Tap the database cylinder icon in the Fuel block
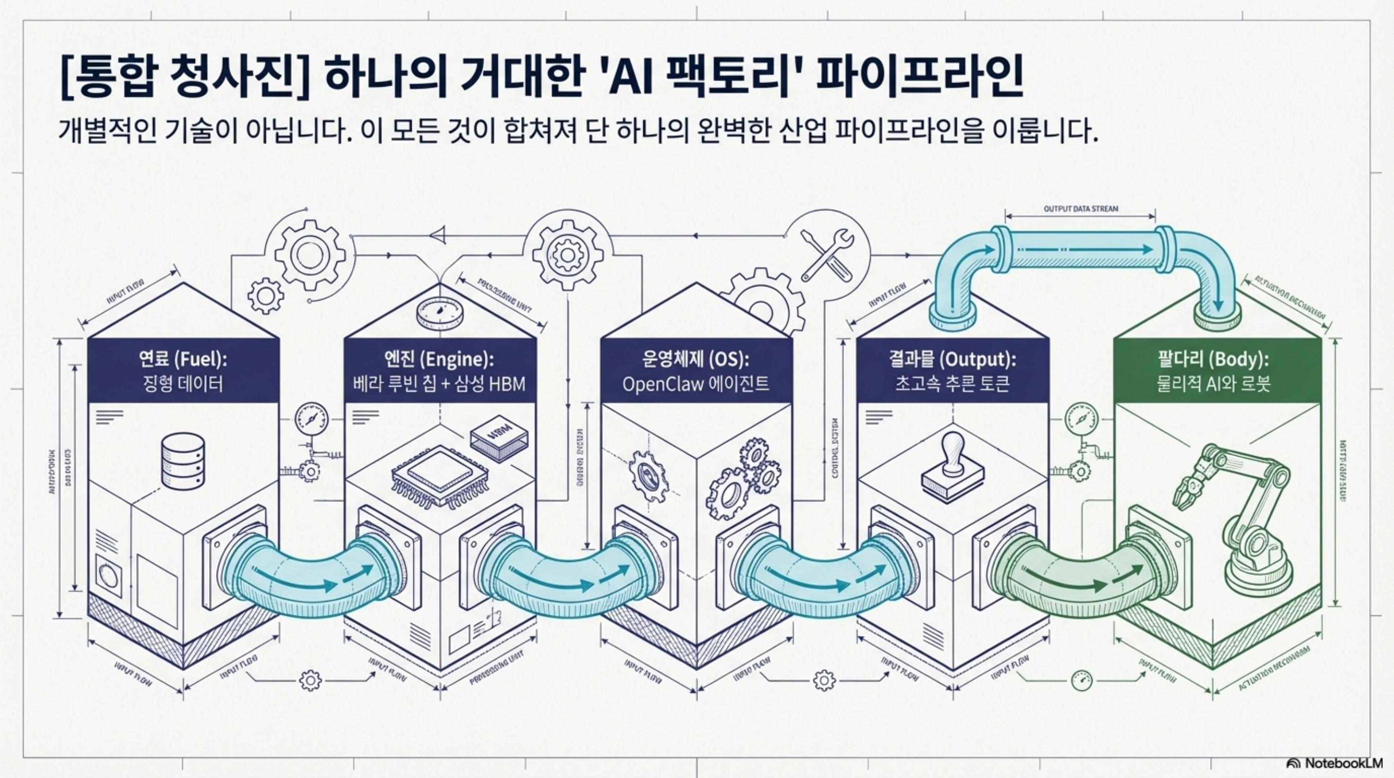point(183,461)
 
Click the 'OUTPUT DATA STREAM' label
point(1080,209)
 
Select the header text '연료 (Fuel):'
point(183,359)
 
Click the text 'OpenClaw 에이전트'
point(695,385)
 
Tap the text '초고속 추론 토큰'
point(952,385)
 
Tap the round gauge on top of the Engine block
point(439,313)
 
